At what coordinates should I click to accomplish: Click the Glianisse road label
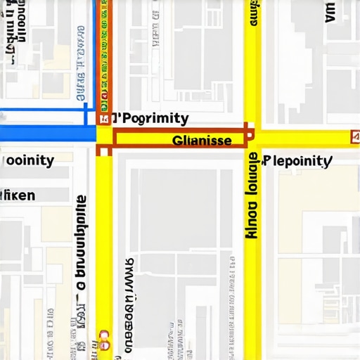click(202, 141)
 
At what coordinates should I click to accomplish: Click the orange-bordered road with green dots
click(104, 49)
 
